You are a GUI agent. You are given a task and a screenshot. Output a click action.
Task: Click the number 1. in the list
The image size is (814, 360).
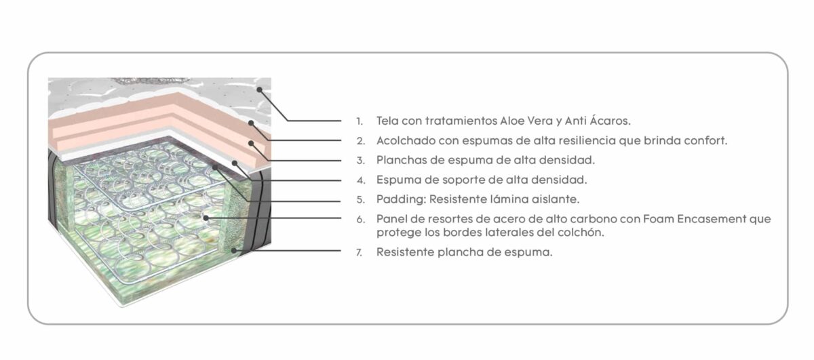[x=359, y=121]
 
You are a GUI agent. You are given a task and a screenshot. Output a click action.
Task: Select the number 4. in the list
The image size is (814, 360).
[x=360, y=180]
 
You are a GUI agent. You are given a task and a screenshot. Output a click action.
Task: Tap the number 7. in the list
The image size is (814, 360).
[x=359, y=252]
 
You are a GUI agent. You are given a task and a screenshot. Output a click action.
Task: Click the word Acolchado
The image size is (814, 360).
[x=405, y=140]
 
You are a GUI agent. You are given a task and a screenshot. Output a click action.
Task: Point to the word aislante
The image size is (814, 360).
[x=556, y=199]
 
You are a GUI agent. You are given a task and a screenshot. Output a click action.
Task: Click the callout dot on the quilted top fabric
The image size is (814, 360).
[x=259, y=89]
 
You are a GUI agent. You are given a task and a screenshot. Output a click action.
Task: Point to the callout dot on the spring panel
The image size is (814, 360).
[x=206, y=218]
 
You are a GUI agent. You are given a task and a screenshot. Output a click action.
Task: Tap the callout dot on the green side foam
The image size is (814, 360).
[x=234, y=250]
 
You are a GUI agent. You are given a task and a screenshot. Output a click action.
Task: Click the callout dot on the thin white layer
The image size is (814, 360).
[x=235, y=163]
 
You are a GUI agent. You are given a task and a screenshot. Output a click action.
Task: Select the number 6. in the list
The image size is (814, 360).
[x=360, y=220]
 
